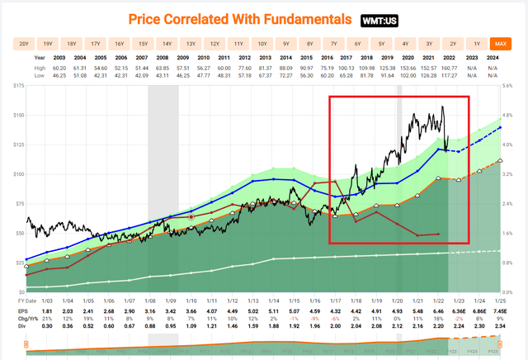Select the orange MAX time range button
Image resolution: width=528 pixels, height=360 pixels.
[x=500, y=43]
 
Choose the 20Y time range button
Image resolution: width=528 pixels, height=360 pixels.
[x=24, y=43]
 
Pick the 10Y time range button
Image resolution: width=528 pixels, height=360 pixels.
[x=262, y=43]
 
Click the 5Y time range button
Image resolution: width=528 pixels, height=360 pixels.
[x=381, y=43]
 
